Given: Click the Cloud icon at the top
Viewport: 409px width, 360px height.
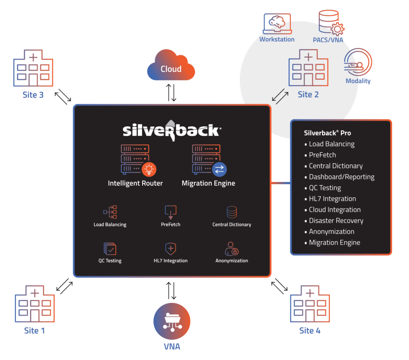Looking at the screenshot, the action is [x=171, y=65].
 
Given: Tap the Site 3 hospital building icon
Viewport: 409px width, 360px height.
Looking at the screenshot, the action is [x=33, y=68].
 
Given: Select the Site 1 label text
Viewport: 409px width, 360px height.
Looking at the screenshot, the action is [x=34, y=330].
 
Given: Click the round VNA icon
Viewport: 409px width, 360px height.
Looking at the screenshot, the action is [x=172, y=321].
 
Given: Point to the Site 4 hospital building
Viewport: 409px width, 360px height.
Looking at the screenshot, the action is [x=310, y=304].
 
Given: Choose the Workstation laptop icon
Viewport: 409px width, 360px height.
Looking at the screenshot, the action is [x=277, y=24].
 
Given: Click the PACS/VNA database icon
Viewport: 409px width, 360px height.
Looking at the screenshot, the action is [x=331, y=23].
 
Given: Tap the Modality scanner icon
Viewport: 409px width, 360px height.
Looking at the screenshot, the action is [x=358, y=62].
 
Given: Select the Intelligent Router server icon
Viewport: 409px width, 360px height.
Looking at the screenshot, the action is [x=139, y=160].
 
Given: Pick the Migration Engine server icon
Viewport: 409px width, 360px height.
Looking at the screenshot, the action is [x=209, y=160].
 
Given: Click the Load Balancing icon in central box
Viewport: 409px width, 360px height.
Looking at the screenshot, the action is [x=110, y=212].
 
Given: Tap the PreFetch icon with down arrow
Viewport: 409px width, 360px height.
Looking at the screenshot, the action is [x=171, y=212].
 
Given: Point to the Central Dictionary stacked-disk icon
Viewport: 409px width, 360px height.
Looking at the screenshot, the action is [x=232, y=212].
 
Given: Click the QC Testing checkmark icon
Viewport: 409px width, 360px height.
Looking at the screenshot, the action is [x=110, y=249].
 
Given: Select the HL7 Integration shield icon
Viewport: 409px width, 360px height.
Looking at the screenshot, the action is [x=171, y=249].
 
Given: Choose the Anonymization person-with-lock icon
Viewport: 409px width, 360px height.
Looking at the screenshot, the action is [x=232, y=249].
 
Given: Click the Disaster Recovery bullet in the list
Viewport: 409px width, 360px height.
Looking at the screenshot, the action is [x=334, y=221].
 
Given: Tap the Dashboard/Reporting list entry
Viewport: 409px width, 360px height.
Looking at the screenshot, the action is [x=340, y=177].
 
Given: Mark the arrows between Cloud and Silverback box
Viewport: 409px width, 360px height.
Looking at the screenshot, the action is [x=171, y=93].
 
